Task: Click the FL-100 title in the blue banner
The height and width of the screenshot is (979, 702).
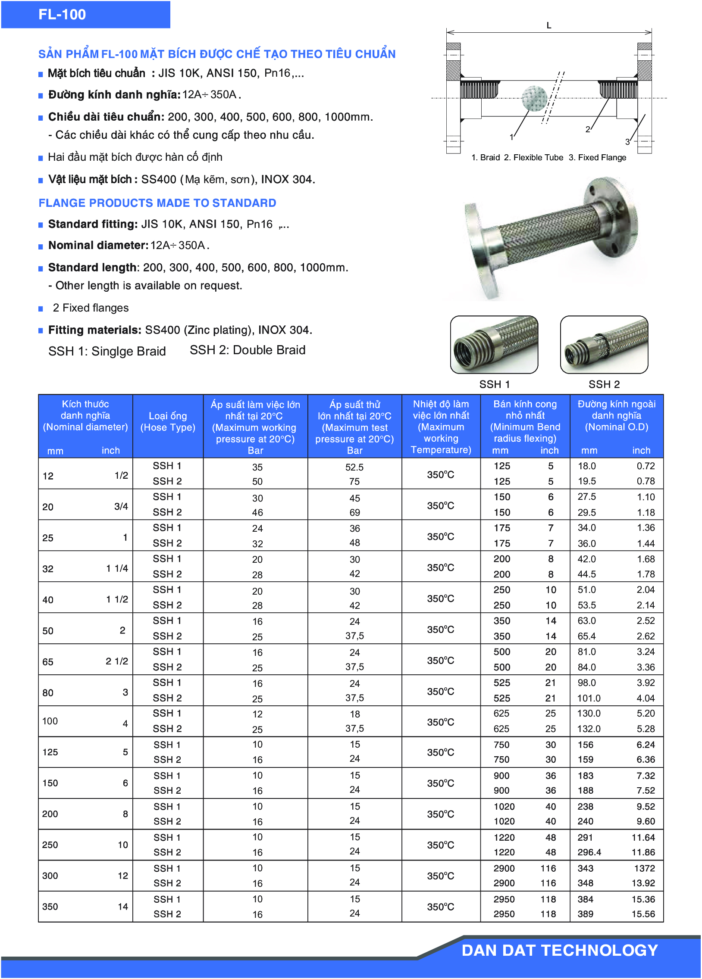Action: [x=62, y=15]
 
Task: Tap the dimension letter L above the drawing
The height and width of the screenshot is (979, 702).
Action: [x=548, y=25]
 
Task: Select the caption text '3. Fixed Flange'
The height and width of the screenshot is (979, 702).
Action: [x=598, y=158]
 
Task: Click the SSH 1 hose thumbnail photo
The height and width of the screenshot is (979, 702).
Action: [x=494, y=344]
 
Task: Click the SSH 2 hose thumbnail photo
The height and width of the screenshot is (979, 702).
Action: [x=604, y=344]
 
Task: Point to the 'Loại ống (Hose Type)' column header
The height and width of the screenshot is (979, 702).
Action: [x=168, y=422]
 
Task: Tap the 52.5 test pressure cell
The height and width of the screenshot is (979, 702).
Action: [x=354, y=467]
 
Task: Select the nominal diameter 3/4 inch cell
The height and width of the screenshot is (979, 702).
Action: [x=121, y=506]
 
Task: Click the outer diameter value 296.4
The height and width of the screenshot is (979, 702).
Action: [x=589, y=852]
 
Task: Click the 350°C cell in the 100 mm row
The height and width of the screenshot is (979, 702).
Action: [x=441, y=722]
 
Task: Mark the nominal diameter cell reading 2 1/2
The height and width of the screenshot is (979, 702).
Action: [x=116, y=661]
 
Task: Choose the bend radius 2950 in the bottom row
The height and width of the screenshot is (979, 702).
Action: [x=504, y=914]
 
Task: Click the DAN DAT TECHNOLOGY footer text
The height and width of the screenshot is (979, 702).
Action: [x=559, y=951]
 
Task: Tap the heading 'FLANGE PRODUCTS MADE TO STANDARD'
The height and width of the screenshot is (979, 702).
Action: [x=157, y=203]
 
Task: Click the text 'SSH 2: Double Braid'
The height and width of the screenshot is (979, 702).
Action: [x=247, y=350]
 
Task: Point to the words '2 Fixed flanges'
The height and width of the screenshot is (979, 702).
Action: [x=91, y=308]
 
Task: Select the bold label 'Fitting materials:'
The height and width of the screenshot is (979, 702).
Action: [x=94, y=330]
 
